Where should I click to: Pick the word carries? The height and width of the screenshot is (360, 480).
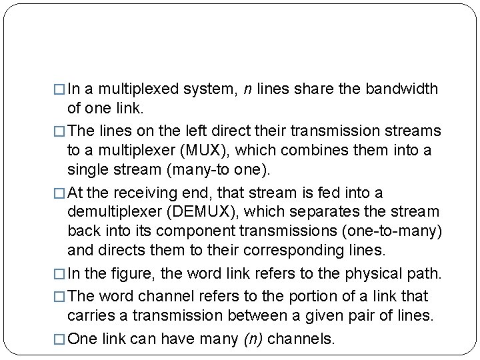91,315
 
